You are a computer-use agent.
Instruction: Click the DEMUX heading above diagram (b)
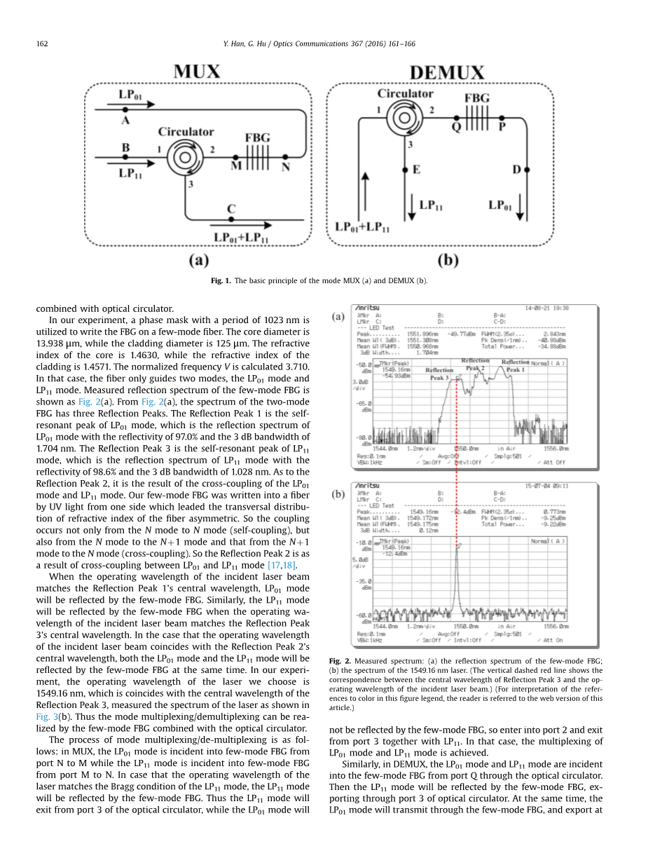tap(446, 72)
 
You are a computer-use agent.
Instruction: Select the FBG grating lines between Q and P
tap(477, 115)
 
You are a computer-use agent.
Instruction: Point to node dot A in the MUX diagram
tap(125, 110)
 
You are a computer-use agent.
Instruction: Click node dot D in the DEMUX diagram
tap(527, 170)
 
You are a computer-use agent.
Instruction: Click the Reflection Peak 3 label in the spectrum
tap(439, 374)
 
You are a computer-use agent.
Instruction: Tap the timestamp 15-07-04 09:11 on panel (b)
tap(547, 485)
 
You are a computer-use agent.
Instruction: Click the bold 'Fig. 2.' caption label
tap(339, 661)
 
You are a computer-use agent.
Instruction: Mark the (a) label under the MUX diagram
tap(198, 260)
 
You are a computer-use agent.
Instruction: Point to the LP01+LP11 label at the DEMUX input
tap(362, 227)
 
